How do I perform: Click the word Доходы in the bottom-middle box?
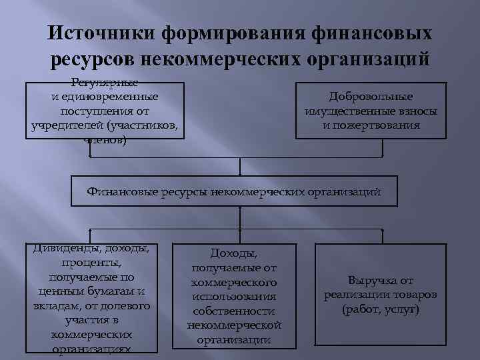point(232,253)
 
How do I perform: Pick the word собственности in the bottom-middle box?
point(233,311)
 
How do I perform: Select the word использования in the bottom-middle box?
point(233,296)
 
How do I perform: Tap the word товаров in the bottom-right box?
point(414,295)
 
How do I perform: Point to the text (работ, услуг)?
point(381,310)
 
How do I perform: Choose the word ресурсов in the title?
point(91,59)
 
